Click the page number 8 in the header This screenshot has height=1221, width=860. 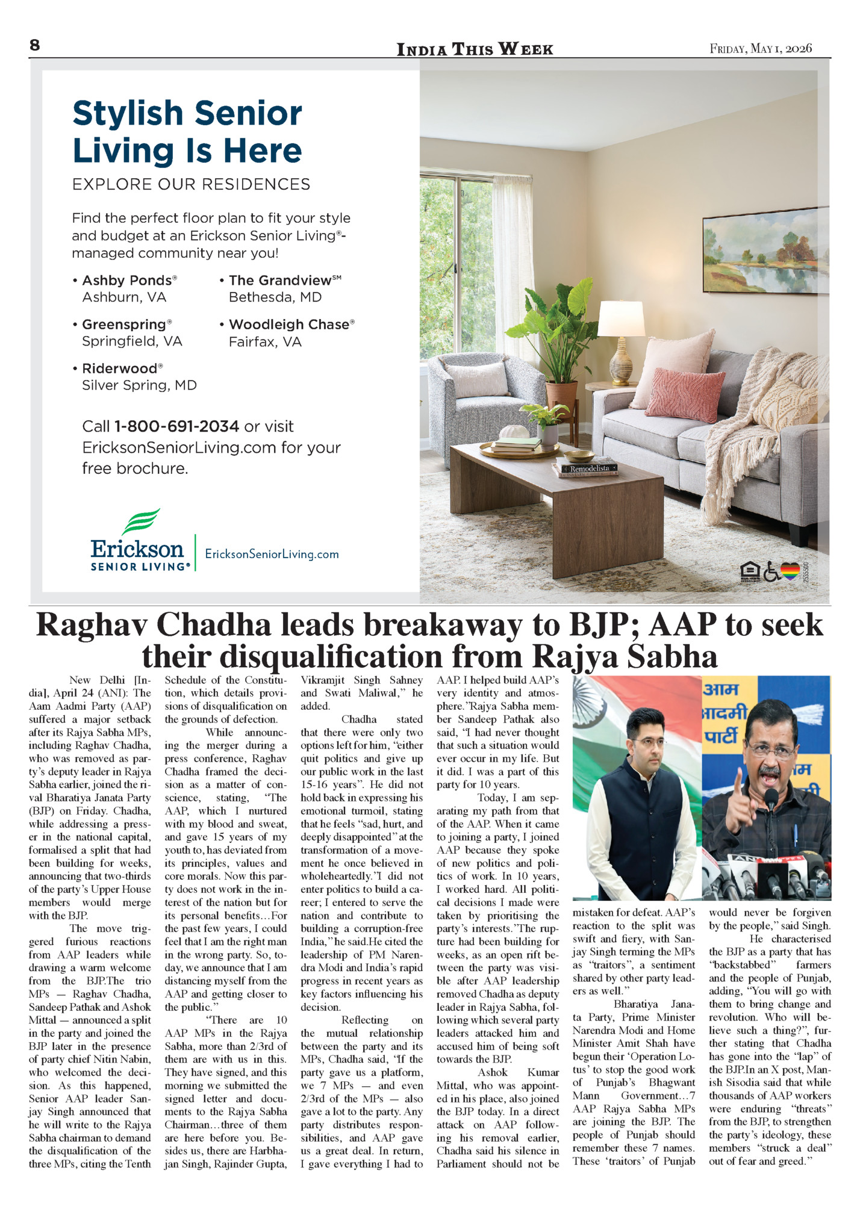pos(35,46)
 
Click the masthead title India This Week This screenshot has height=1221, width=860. pos(475,49)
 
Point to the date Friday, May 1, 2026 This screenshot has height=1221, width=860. pos(761,49)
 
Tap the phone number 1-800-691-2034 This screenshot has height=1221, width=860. pos(176,426)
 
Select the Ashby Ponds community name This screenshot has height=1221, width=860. pos(127,281)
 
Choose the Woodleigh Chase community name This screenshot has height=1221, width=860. pos(289,325)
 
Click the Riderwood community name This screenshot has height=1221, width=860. pos(120,368)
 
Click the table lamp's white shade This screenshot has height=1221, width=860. pos(621,318)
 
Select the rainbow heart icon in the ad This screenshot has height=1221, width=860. pos(790,571)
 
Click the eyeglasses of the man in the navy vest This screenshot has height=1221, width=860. pos(648,742)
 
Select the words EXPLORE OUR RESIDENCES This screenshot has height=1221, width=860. pos(191,184)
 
